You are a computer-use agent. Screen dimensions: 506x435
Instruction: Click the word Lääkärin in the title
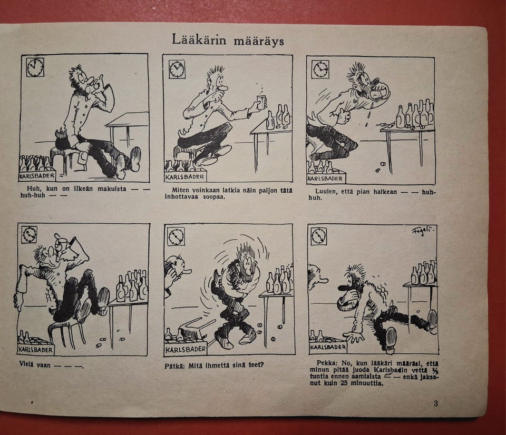point(199,39)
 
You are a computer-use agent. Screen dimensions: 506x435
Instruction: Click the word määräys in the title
point(258,42)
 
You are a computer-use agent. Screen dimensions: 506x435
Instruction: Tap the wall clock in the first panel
point(35,67)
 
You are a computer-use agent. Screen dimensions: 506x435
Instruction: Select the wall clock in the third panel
point(320,70)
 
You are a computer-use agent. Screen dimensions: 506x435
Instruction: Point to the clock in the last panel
point(319,236)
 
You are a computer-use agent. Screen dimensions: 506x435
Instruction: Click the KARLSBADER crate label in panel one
point(37,176)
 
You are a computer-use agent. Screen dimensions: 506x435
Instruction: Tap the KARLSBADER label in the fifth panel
point(186,350)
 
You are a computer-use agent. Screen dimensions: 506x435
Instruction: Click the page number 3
point(436,403)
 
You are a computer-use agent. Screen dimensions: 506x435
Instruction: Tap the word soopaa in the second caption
point(214,197)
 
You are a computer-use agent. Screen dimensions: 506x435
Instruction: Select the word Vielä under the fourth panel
point(26,364)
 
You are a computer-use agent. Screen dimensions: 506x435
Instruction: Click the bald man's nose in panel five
point(188,271)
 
